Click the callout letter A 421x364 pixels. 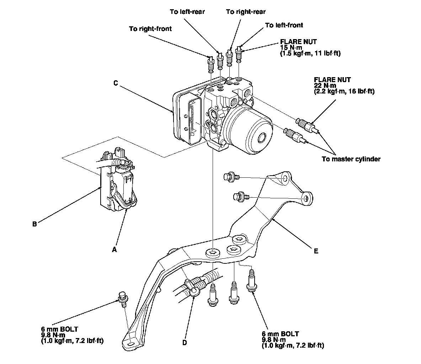[114, 250]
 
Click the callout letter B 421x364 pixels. [34, 224]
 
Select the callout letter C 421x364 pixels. [116, 83]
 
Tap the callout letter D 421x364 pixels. [184, 342]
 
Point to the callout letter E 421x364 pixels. [316, 251]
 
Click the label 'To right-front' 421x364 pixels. [150, 29]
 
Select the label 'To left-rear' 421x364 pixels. [187, 12]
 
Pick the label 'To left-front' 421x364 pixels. [284, 25]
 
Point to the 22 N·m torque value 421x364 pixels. [324, 86]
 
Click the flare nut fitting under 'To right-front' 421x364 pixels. [210, 64]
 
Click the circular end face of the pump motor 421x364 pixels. [262, 137]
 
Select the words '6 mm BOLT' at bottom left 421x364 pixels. [59, 329]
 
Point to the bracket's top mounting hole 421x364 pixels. [285, 179]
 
